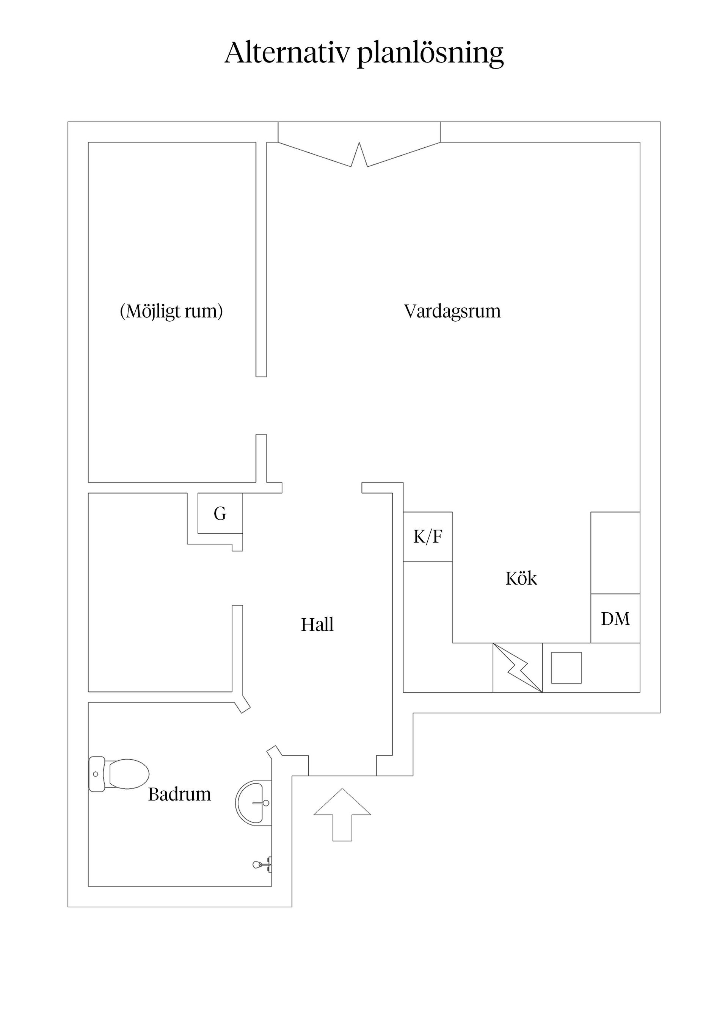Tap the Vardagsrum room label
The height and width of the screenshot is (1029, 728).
coord(452,311)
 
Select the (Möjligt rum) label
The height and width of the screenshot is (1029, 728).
coord(171,311)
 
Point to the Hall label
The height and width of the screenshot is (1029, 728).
coord(317,625)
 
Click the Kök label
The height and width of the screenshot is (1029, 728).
coord(521,579)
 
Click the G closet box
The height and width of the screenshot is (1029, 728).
coord(220,514)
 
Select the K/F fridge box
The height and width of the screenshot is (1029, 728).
coord(427,536)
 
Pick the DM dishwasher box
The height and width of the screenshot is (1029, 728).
coord(615,619)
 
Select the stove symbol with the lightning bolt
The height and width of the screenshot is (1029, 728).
coord(518,668)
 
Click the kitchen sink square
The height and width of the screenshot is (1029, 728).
coord(566,668)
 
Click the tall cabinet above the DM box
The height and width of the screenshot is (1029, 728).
coord(615,553)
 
